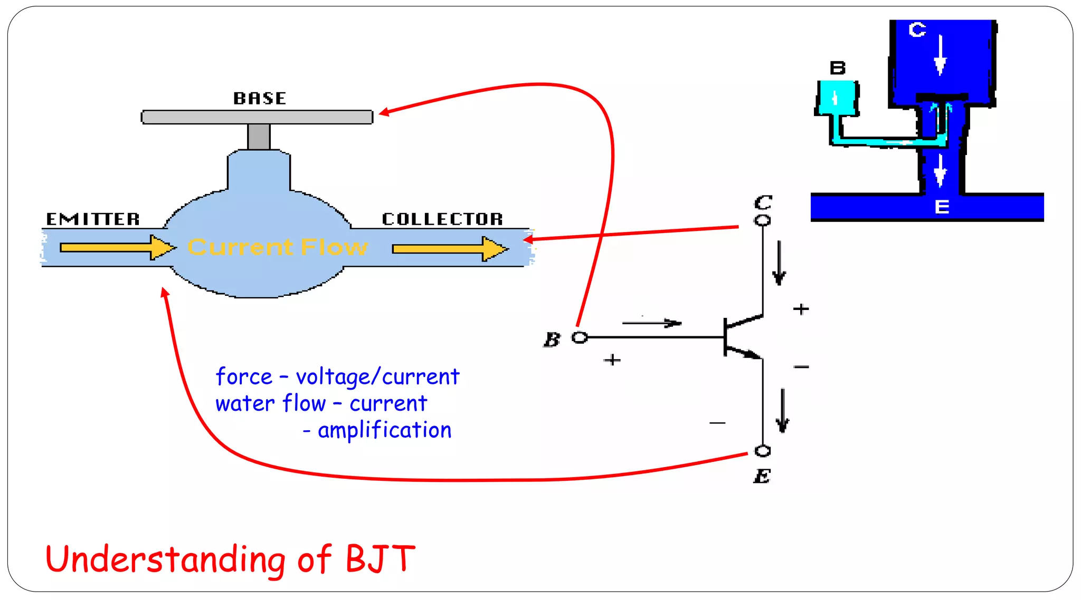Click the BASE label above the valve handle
pos(260,98)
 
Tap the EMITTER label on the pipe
pos(93,219)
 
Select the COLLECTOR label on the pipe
pos(442,219)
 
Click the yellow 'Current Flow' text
pos(278,247)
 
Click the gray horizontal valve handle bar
pos(257,117)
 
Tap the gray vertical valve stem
pos(259,137)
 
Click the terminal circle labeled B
pos(580,337)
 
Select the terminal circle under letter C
pos(762,220)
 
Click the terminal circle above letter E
pos(763,451)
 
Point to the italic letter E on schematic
pos(762,476)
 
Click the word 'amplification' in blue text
pos(384,430)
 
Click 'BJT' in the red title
pos(380,559)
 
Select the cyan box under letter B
pos(837,98)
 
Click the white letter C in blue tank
pos(917,30)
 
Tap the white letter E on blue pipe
pos(942,207)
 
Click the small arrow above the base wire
pos(652,323)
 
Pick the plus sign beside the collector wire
pos(801,309)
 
